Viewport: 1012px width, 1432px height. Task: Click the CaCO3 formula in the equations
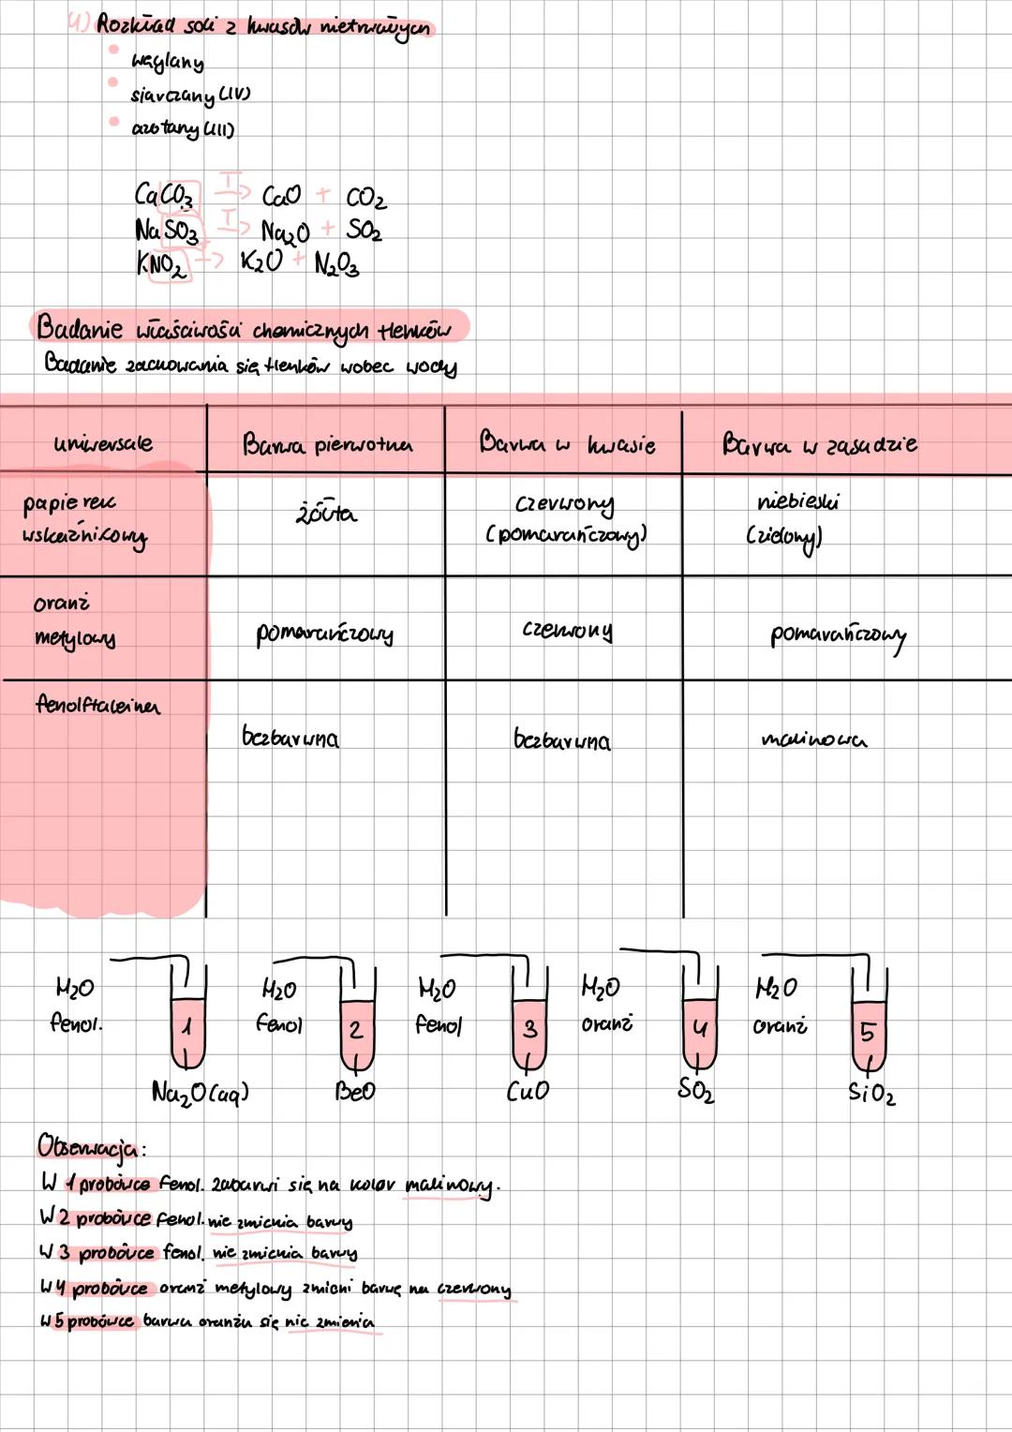pos(165,196)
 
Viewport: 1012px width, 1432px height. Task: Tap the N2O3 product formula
pos(336,265)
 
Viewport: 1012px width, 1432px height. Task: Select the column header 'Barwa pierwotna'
pos(327,444)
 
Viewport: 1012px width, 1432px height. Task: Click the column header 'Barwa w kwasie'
pos(566,443)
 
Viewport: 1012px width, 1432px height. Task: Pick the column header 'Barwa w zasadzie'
pos(819,443)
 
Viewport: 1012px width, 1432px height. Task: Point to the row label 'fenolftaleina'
pos(97,704)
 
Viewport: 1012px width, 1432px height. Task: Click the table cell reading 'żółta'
pos(326,514)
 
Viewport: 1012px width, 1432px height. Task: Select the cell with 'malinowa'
pos(813,739)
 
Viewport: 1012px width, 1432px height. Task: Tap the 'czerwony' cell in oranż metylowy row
pos(567,631)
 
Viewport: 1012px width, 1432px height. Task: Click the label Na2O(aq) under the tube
pos(200,1093)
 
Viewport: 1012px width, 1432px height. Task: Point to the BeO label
pos(355,1092)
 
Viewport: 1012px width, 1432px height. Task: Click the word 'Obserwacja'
pos(90,1146)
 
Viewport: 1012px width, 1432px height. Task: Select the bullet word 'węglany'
pos(168,62)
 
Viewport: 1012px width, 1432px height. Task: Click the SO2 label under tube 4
pos(696,1090)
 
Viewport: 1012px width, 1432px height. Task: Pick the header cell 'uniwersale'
pos(103,443)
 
